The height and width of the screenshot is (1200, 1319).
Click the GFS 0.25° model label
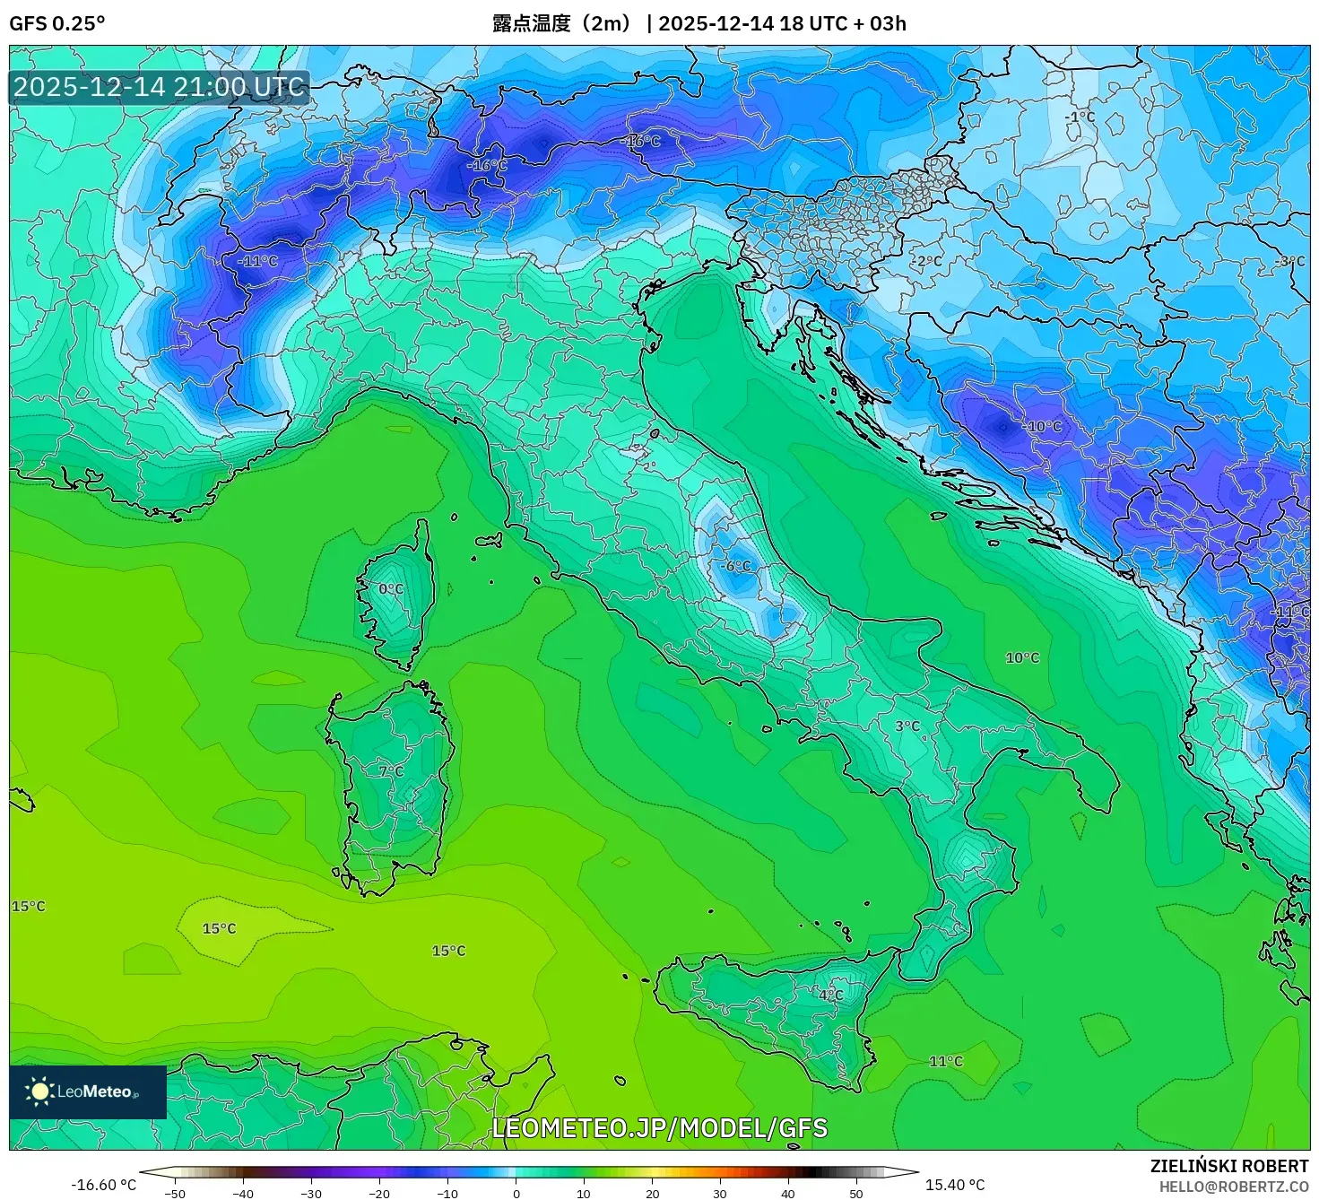tap(57, 23)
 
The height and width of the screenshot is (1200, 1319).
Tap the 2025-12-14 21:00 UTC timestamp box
tap(159, 87)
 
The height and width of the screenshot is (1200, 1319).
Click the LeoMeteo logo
tap(87, 1091)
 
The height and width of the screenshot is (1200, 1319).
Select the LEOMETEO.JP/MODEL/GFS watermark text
tap(659, 1127)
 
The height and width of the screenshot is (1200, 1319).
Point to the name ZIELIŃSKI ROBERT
tap(1229, 1166)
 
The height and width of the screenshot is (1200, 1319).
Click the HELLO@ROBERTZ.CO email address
tap(1234, 1187)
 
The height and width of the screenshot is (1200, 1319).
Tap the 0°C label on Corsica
tap(391, 589)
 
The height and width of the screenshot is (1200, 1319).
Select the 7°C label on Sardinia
tap(391, 771)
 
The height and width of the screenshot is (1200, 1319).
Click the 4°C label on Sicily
tap(830, 995)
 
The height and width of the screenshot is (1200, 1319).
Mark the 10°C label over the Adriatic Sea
tap(1022, 657)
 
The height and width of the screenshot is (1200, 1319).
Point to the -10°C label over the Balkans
tap(1042, 426)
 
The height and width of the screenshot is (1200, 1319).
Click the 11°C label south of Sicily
tap(946, 1061)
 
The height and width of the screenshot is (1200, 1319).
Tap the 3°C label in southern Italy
tap(907, 726)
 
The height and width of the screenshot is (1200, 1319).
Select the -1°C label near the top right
tap(1080, 117)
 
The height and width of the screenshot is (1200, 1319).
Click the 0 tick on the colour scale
tap(516, 1193)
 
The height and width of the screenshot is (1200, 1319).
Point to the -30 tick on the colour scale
tap(311, 1193)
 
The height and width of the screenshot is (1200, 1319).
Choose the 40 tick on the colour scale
tap(788, 1193)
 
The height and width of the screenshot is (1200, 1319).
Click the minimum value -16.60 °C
tap(104, 1185)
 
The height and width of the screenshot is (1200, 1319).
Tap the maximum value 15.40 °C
tap(955, 1185)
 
